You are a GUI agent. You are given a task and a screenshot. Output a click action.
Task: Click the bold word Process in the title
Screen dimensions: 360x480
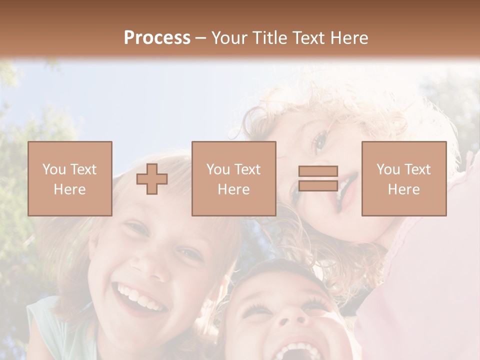click(x=157, y=38)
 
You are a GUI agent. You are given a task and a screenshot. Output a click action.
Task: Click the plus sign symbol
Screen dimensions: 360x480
click(x=152, y=178)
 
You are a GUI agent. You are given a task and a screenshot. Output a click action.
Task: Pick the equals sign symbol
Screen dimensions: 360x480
click(x=318, y=178)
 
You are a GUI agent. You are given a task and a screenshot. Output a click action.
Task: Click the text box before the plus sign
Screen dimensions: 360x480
click(x=70, y=178)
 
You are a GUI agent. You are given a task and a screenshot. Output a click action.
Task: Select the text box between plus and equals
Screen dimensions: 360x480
click(x=233, y=178)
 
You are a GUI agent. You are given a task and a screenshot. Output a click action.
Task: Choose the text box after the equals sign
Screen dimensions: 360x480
click(x=403, y=178)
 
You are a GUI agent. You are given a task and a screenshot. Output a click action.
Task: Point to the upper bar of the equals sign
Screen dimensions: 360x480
click(x=318, y=171)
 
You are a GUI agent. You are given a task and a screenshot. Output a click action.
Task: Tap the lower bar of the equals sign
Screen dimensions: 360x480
click(x=318, y=185)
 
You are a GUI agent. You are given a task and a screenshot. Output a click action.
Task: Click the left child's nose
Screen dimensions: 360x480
click(x=156, y=267)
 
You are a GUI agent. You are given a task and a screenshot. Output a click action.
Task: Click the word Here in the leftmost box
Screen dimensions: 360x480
click(x=69, y=189)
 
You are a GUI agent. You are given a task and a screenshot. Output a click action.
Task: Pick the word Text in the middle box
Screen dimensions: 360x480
click(x=247, y=169)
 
